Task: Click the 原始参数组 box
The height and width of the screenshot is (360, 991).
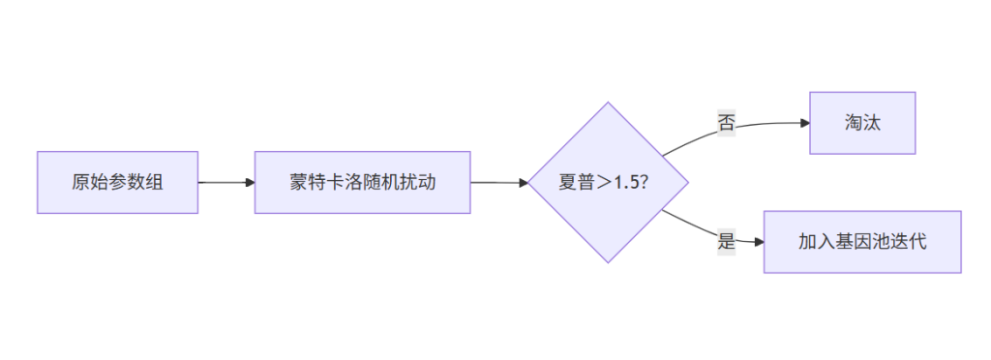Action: pyautogui.click(x=117, y=182)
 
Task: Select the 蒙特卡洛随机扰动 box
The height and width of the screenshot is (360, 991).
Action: pyautogui.click(x=362, y=182)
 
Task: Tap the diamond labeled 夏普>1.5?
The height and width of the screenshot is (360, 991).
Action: pyautogui.click(x=608, y=182)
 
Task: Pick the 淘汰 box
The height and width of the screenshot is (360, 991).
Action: pyautogui.click(x=862, y=123)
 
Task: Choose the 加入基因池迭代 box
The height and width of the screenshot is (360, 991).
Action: pyautogui.click(x=862, y=242)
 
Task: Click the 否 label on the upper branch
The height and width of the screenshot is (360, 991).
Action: pyautogui.click(x=726, y=123)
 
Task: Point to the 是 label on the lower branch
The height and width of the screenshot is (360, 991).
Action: pyautogui.click(x=726, y=242)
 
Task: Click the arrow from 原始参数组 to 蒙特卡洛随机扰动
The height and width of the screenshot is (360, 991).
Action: pyautogui.click(x=225, y=182)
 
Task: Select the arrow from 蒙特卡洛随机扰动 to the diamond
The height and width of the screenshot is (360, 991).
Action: pyautogui.click(x=498, y=182)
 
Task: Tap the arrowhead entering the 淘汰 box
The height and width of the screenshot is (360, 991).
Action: pyautogui.click(x=804, y=123)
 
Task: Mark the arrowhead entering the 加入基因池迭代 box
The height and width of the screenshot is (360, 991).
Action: pyautogui.click(x=758, y=242)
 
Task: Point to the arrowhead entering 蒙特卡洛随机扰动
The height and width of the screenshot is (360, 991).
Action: pyautogui.click(x=249, y=182)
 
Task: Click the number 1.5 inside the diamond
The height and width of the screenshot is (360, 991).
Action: pyautogui.click(x=626, y=182)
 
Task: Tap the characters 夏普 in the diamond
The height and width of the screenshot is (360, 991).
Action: pyautogui.click(x=576, y=182)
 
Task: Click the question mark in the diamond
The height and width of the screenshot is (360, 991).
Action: pyautogui.click(x=644, y=182)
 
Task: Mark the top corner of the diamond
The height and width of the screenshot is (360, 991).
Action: pyautogui.click(x=608, y=103)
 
